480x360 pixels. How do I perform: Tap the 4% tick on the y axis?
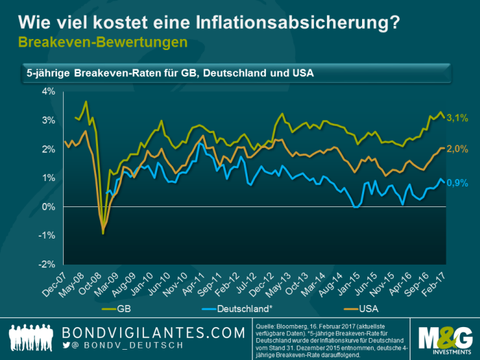pos(49,91)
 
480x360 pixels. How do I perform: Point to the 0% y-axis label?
pos(49,206)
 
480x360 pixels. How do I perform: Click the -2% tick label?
pos(47,264)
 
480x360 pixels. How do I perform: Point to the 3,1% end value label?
pos(457,119)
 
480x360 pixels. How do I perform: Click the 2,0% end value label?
pos(457,148)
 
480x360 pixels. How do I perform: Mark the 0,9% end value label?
pos(457,182)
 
